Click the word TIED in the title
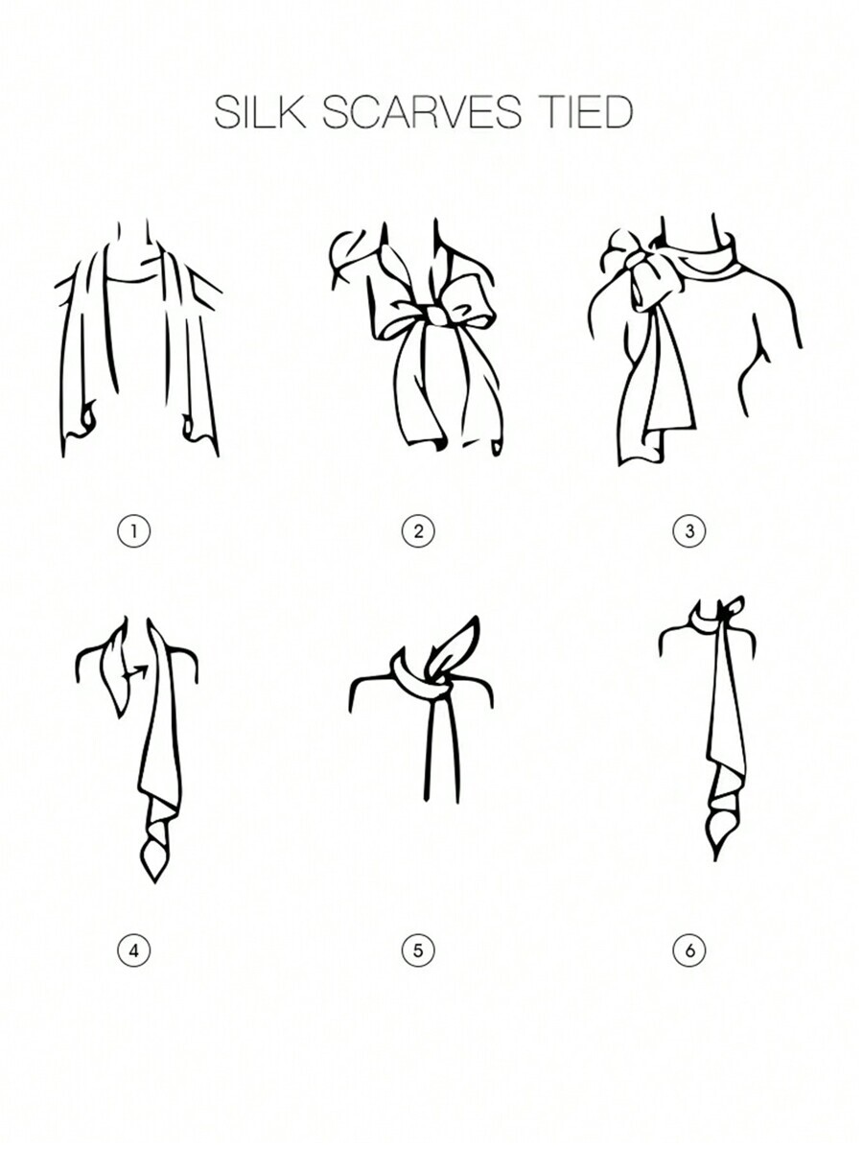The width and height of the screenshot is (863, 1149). tap(584, 112)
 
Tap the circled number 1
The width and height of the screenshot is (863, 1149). tap(133, 530)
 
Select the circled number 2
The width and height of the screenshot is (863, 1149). tap(418, 530)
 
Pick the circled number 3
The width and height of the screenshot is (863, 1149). tap(689, 530)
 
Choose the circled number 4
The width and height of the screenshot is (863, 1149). tap(133, 950)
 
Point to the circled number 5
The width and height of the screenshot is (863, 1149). tap(418, 950)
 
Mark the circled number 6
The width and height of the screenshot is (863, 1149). tap(689, 950)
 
